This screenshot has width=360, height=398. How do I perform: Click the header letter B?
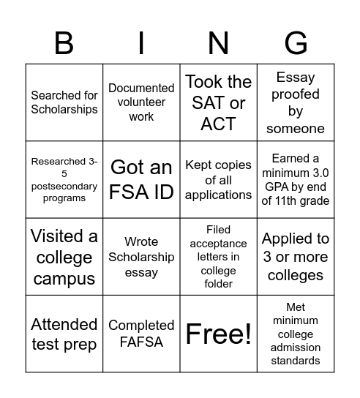pos(64,44)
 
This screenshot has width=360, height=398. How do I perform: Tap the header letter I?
pos(141,44)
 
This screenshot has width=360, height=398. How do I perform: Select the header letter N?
pos(218,44)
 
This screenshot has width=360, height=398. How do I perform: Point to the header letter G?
pos(296,44)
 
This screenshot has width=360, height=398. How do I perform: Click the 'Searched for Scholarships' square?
pos(64,102)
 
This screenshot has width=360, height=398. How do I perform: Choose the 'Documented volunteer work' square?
pos(141,102)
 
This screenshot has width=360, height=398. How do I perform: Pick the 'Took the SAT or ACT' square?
pos(218,102)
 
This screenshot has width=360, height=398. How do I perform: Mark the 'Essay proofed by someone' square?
pos(296,102)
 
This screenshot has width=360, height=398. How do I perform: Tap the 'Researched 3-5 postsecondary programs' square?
pos(64,180)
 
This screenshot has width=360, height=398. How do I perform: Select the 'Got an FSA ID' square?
pos(141,180)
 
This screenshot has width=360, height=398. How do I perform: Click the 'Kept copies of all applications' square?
pos(218,180)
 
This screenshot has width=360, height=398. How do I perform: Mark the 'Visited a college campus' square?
pos(64,258)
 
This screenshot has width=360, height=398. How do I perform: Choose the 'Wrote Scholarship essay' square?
pos(141,258)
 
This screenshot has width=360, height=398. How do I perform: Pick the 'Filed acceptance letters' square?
pos(218,258)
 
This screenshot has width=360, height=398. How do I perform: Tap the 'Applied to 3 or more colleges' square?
pos(296,258)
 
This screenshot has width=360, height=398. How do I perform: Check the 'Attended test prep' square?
pos(64,334)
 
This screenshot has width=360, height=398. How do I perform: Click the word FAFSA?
pos(141,342)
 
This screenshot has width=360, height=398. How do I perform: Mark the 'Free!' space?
pos(218,334)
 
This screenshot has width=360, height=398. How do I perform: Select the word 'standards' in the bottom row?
pos(296,360)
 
